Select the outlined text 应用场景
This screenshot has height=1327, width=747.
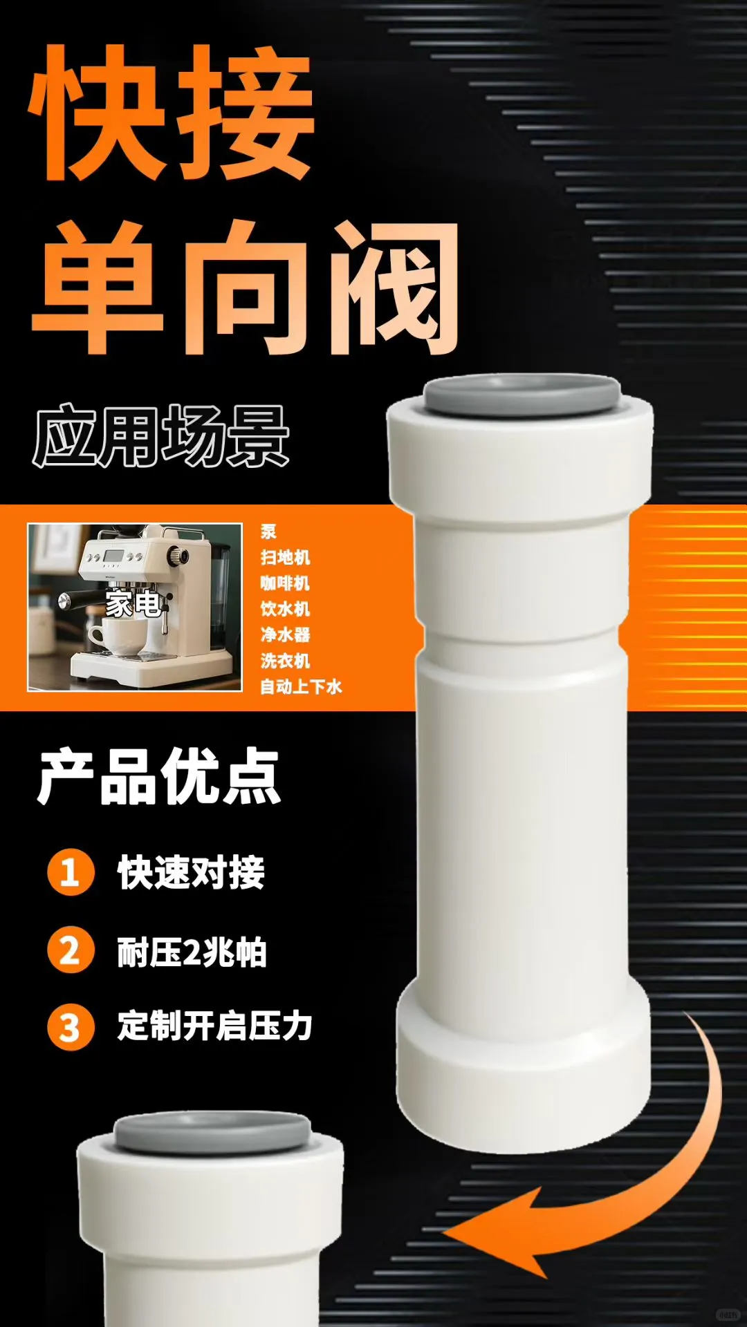coord(160,436)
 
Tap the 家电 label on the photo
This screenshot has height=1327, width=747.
coord(133,605)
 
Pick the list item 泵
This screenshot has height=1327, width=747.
coord(268,531)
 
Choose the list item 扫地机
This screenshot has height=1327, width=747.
coord(285,557)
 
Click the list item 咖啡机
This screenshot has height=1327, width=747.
coord(285,583)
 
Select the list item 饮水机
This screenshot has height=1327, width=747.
coord(285,609)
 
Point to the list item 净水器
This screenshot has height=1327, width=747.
coord(285,634)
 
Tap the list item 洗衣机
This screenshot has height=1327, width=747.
coord(285,661)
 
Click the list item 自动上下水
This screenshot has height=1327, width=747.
coord(301,686)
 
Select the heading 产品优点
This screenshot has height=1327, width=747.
coord(159,777)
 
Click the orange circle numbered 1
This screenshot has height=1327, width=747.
coord(71,872)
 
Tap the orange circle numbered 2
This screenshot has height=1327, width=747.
coord(71,950)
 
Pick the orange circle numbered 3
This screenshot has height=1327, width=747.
coord(71,1027)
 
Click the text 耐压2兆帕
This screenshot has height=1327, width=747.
coord(192,952)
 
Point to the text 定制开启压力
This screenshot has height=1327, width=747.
coord(214,1026)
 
